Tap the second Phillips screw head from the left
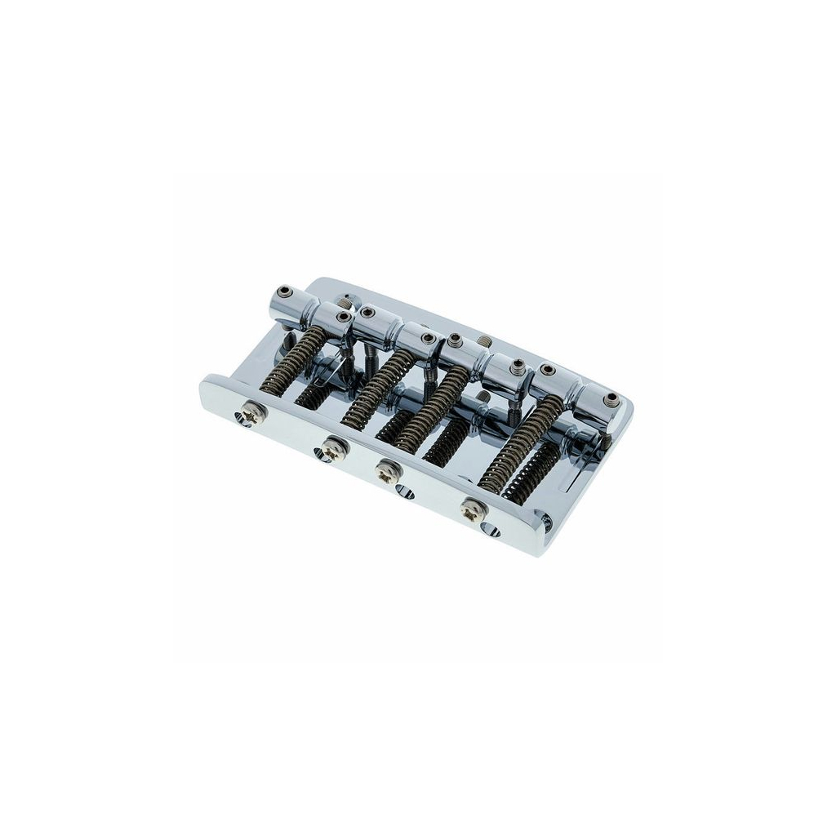tap(333, 447)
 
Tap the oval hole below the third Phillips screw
tap(404, 492)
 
